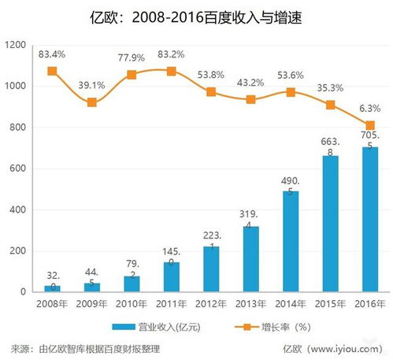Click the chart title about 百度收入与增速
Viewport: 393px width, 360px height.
pos(196,16)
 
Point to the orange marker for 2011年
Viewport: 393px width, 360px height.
pos(172,71)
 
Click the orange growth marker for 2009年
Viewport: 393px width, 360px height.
pos(93,102)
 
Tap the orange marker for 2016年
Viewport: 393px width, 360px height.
pos(369,125)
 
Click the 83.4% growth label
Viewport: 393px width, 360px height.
pos(53,53)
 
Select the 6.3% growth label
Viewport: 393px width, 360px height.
pos(369,109)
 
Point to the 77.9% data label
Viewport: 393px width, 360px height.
pos(132,58)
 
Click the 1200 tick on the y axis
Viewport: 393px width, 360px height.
pos(16,46)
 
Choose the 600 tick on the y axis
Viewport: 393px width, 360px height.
pos(19,169)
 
